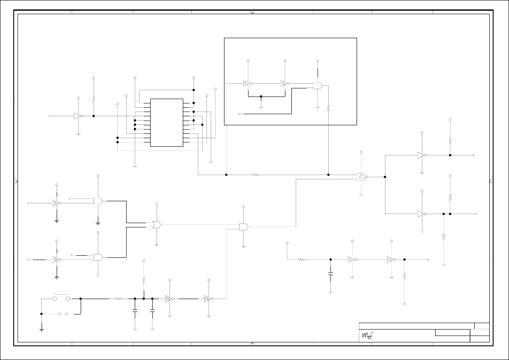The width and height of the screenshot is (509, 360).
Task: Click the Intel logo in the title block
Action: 366,336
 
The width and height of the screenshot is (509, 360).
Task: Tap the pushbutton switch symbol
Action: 61,298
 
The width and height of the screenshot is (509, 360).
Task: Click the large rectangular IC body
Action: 167,123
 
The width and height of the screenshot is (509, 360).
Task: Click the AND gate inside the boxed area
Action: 318,86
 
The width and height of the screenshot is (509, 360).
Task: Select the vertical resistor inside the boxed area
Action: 328,109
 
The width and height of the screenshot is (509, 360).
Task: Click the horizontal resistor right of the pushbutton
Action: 119,299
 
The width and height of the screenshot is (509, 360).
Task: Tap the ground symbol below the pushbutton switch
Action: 41,329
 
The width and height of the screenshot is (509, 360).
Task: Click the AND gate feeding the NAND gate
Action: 243,227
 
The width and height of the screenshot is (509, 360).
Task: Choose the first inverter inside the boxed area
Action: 247,84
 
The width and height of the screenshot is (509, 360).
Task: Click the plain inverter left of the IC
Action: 77,116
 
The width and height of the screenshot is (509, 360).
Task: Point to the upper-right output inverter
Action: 421,155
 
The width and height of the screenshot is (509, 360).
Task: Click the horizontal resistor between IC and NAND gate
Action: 256,175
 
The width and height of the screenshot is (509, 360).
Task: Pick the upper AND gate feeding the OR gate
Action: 98,201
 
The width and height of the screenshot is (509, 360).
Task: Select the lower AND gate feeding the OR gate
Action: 98,257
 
